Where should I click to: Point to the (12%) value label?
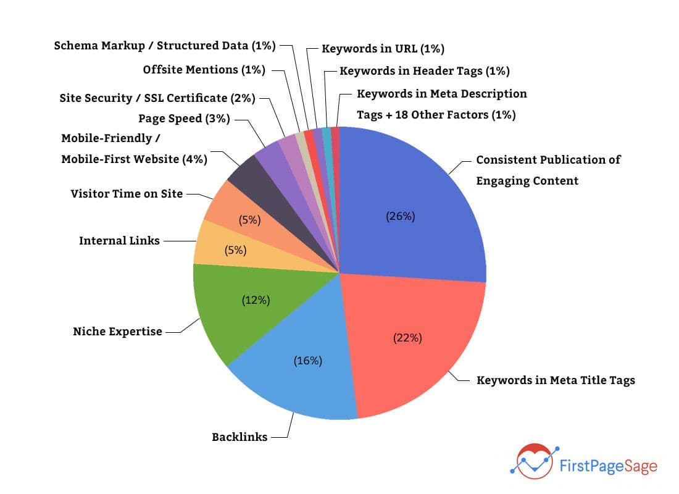coord(256,300)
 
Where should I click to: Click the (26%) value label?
coord(401,216)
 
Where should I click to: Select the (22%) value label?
coord(407,338)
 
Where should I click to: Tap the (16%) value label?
coord(307,361)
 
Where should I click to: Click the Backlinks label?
coord(240,437)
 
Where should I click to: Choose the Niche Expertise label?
coord(117,332)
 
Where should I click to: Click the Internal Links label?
coord(119,241)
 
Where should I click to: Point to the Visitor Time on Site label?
coord(127,194)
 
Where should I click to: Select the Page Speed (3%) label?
coord(184,119)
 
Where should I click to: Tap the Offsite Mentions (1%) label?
coord(204,70)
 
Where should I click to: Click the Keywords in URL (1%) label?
coord(383,48)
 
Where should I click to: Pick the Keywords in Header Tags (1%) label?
coord(425,71)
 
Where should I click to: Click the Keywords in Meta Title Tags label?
coord(556,380)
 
